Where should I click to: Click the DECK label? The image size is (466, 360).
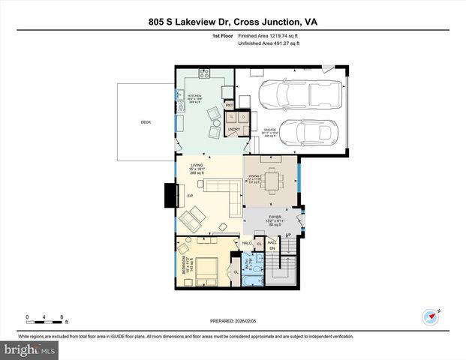click(x=146, y=121)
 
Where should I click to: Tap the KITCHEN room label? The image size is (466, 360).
click(x=195, y=97)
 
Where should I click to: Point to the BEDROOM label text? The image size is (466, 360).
click(x=182, y=266)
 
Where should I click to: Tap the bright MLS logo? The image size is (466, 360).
click(x=28, y=349)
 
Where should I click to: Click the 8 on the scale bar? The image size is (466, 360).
click(x=62, y=317)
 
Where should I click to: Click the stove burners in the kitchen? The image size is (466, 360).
click(x=204, y=73)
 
